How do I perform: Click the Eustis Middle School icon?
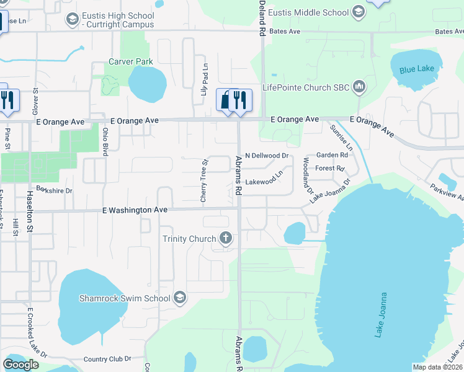(x=358, y=12)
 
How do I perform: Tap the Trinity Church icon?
(x=226, y=239)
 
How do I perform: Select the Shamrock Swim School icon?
(x=180, y=298)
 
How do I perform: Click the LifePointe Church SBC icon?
(x=359, y=87)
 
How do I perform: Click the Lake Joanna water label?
(x=380, y=315)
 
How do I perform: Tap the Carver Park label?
(x=130, y=61)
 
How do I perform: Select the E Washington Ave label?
(x=135, y=210)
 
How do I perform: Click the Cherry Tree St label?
(x=203, y=180)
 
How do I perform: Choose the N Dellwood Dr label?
(x=267, y=155)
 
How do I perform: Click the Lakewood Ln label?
(x=268, y=182)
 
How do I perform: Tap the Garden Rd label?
(x=332, y=155)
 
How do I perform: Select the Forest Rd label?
(x=329, y=168)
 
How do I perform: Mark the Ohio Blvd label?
(x=105, y=139)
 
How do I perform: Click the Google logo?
(x=20, y=365)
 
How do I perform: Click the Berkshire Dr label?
(x=55, y=190)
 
